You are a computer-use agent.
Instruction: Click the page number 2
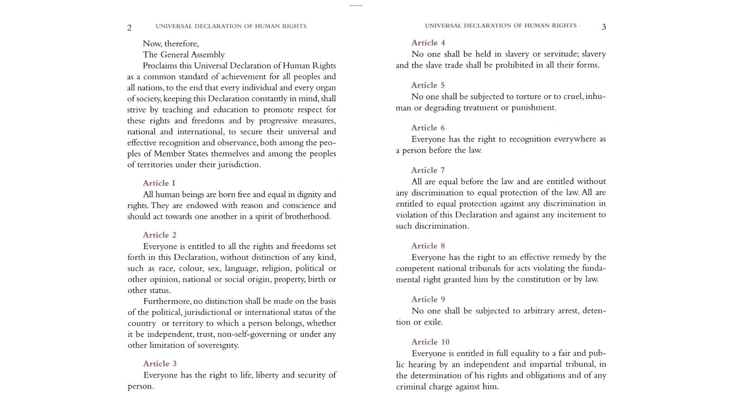pyautogui.click(x=129, y=28)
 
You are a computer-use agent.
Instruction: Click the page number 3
pyautogui.click(x=604, y=27)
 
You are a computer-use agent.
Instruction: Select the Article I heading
pyautogui.click(x=159, y=183)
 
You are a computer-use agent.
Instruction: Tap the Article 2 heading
pyautogui.click(x=160, y=235)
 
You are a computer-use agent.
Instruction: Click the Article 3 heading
pyautogui.click(x=160, y=364)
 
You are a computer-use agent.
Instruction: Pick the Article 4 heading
pyautogui.click(x=428, y=43)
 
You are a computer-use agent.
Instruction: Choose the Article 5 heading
pyautogui.click(x=428, y=85)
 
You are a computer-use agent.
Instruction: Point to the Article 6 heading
pyautogui.click(x=428, y=128)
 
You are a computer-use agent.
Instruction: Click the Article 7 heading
pyautogui.click(x=428, y=170)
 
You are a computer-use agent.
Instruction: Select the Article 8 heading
pyautogui.click(x=428, y=246)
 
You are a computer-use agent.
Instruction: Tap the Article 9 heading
pyautogui.click(x=428, y=299)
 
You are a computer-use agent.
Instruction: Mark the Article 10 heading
pyautogui.click(x=430, y=342)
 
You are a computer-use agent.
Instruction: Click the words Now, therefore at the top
pyautogui.click(x=171, y=44)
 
